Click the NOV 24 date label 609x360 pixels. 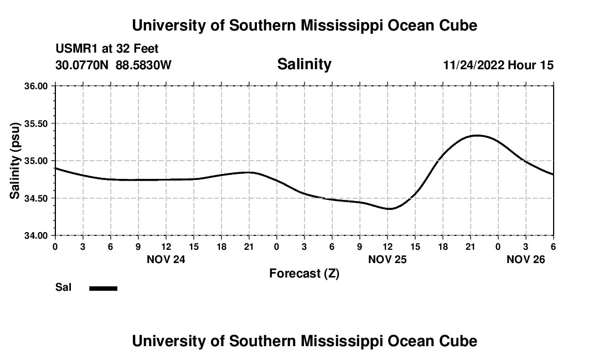pyautogui.click(x=166, y=259)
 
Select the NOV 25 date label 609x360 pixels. pyautogui.click(x=388, y=259)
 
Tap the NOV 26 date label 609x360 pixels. pyautogui.click(x=527, y=259)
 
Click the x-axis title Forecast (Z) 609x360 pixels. pyautogui.click(x=304, y=274)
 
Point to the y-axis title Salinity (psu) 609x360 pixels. pyautogui.click(x=16, y=161)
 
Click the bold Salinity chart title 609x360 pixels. pyautogui.click(x=304, y=64)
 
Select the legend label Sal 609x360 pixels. pyautogui.click(x=63, y=287)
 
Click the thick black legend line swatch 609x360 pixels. pyautogui.click(x=103, y=288)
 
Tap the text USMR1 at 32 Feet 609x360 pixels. pyautogui.click(x=107, y=49)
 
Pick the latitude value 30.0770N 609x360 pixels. pyautogui.click(x=82, y=65)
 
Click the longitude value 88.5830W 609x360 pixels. pyautogui.click(x=143, y=65)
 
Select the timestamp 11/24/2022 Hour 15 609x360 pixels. pyautogui.click(x=498, y=65)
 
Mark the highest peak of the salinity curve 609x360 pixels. pyautogui.click(x=477, y=135)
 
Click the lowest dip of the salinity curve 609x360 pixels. pyautogui.click(x=390, y=209)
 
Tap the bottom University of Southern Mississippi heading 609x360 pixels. pyautogui.click(x=304, y=341)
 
